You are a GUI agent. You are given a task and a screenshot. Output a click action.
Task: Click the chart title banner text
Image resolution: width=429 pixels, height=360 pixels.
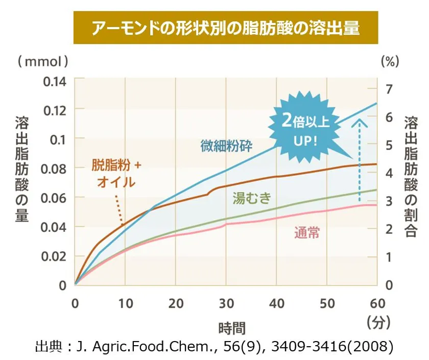pos(225,27)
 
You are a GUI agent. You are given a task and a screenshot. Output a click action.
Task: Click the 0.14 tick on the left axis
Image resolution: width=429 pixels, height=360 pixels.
pos(56,80)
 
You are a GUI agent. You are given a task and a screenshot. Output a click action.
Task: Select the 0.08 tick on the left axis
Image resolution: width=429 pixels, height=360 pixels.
pos(56,167)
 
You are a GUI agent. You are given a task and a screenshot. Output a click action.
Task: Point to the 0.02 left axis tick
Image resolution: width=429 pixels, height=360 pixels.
pos(56,256)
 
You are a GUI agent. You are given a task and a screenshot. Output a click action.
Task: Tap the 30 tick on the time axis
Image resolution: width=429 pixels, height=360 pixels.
pos(226,303)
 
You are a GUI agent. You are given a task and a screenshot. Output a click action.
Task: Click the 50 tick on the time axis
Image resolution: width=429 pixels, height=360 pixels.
pos(327,303)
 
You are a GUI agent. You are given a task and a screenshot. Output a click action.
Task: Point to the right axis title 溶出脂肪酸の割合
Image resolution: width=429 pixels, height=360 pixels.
pos(411,176)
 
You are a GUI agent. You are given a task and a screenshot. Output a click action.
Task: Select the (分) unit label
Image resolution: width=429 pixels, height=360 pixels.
pos(378,323)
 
